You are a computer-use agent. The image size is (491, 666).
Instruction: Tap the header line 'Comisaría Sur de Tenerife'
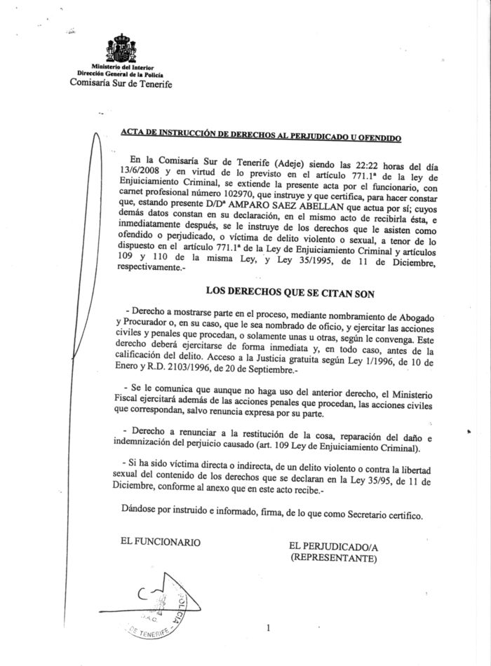(120, 84)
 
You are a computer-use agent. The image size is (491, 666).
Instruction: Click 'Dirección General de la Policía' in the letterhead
(121, 73)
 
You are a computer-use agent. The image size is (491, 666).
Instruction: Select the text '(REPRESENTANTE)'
(335, 558)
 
